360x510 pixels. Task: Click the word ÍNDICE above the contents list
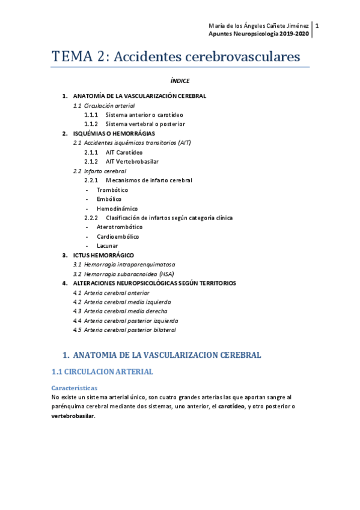tap(180, 81)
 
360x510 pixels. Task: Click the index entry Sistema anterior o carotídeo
tap(144, 114)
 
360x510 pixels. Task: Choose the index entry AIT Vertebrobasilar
tap(132, 161)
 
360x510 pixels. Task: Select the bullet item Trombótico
tap(112, 189)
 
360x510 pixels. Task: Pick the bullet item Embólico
tap(109, 198)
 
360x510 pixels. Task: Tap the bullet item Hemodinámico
tap(117, 208)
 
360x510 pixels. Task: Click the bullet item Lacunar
tap(107, 245)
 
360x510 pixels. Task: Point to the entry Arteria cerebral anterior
tap(117, 292)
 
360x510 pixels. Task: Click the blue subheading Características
tap(75, 388)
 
